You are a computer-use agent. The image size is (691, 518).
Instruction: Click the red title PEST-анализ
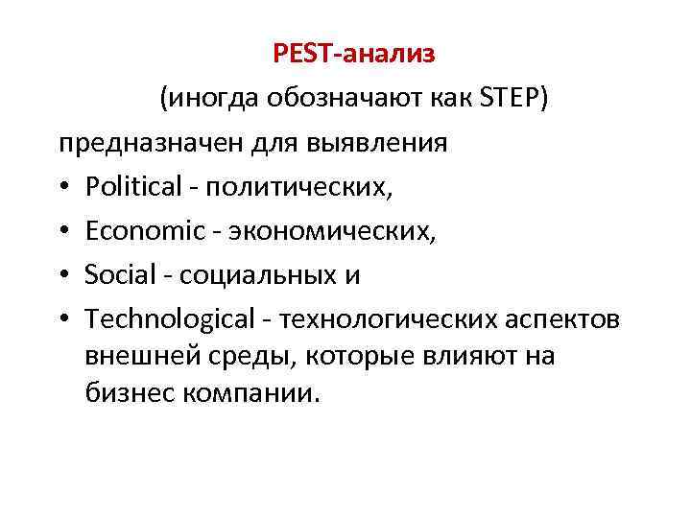pyautogui.click(x=354, y=54)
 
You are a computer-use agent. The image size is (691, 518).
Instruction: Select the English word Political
pyautogui.click(x=131, y=187)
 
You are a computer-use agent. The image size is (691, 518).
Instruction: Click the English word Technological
pyautogui.click(x=165, y=319)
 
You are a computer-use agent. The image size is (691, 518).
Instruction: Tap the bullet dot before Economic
pyautogui.click(x=63, y=231)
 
